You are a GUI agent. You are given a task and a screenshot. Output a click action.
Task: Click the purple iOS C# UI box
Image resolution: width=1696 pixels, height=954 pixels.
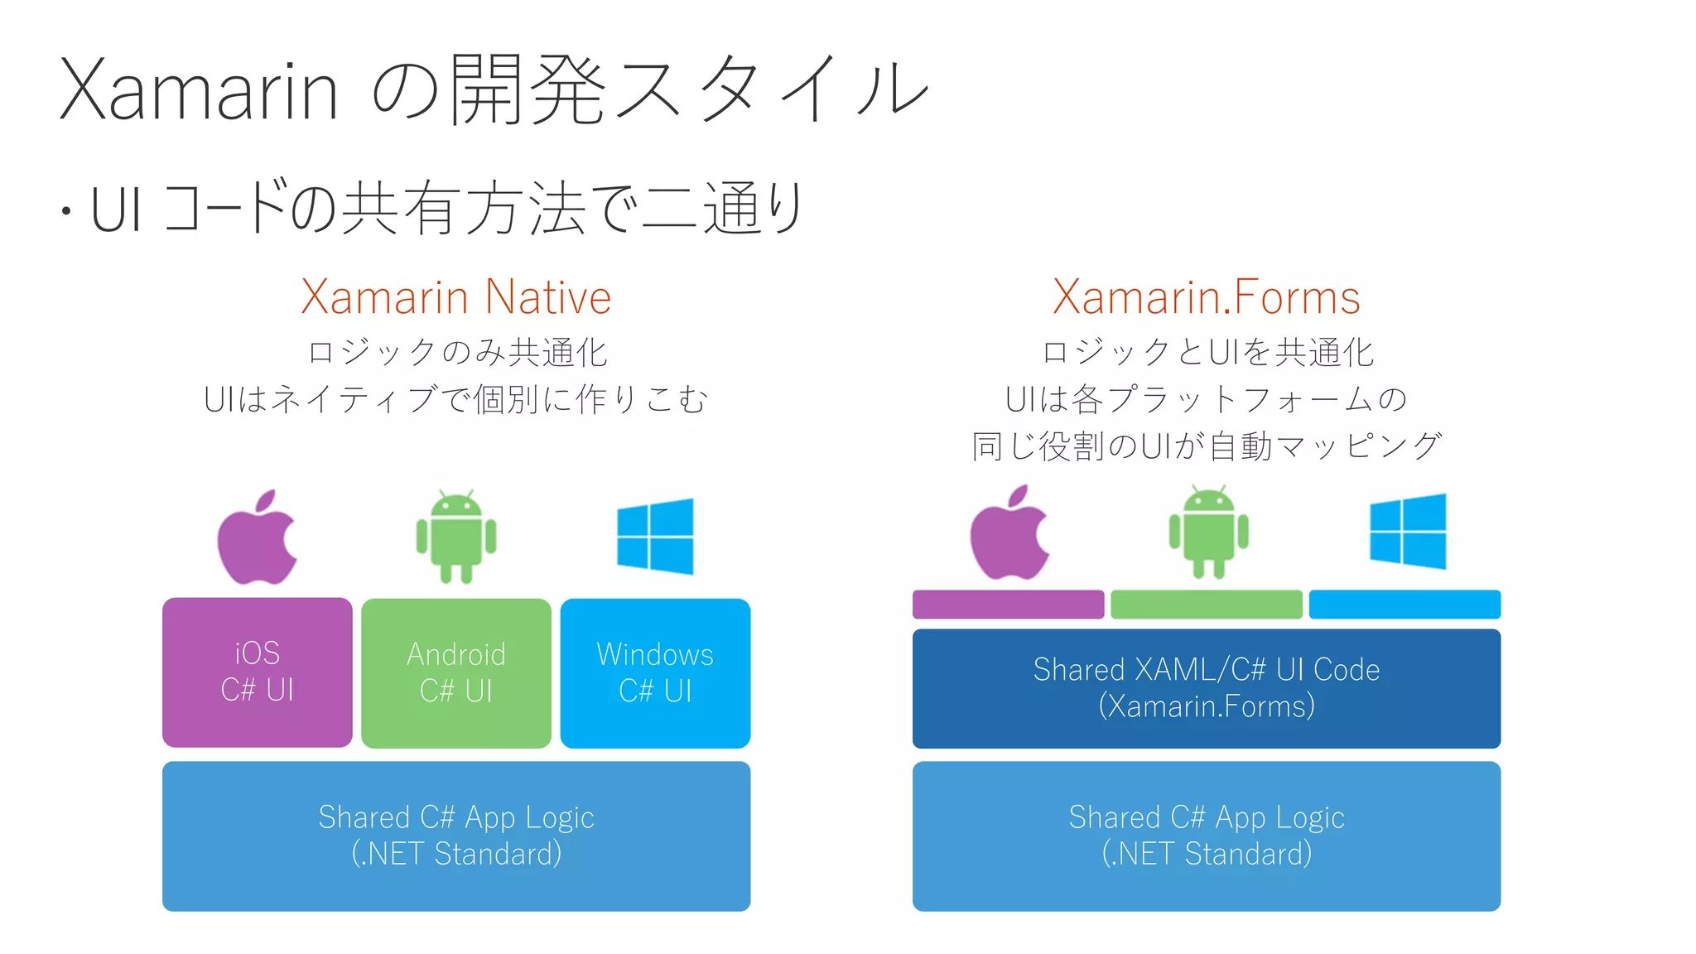pyautogui.click(x=257, y=672)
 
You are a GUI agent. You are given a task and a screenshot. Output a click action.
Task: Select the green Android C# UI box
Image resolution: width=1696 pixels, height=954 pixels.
pyautogui.click(x=456, y=672)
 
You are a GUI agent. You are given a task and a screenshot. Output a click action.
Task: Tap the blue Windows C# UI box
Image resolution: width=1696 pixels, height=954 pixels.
pyautogui.click(x=655, y=672)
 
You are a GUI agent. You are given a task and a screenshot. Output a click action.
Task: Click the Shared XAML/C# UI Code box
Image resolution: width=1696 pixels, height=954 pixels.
pyautogui.click(x=1206, y=688)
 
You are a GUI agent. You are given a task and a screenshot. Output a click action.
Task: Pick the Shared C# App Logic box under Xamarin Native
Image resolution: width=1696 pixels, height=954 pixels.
pyautogui.click(x=456, y=836)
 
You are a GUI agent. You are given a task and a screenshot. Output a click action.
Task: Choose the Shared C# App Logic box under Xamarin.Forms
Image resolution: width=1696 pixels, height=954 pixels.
pyautogui.click(x=1206, y=836)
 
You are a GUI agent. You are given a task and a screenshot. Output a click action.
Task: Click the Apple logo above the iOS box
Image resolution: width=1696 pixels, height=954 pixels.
pyautogui.click(x=257, y=538)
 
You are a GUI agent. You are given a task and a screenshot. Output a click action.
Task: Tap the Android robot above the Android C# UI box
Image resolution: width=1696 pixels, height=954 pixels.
pyautogui.click(x=456, y=537)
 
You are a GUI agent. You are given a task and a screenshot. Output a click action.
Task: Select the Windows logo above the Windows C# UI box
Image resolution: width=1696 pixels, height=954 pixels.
pyautogui.click(x=655, y=537)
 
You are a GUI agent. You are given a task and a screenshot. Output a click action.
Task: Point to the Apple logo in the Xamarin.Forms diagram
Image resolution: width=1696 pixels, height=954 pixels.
pyautogui.click(x=1009, y=533)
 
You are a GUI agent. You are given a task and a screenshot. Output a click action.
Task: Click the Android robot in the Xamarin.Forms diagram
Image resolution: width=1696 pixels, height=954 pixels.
pyautogui.click(x=1208, y=532)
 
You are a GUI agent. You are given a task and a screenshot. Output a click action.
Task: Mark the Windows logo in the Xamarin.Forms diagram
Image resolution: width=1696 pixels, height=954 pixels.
pyautogui.click(x=1408, y=532)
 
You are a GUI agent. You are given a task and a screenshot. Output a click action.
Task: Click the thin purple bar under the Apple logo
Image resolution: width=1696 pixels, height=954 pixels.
pyautogui.click(x=1008, y=605)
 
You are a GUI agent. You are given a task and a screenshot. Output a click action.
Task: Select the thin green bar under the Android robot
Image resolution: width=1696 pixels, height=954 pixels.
pyautogui.click(x=1206, y=605)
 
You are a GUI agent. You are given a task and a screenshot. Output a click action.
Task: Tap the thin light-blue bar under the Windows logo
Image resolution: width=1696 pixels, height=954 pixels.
pyautogui.click(x=1404, y=605)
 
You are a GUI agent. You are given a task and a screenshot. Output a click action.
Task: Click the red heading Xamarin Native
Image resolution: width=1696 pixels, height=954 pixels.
pyautogui.click(x=455, y=297)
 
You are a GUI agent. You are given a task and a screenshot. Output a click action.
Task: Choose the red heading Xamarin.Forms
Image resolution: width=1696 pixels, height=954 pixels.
pyautogui.click(x=1206, y=297)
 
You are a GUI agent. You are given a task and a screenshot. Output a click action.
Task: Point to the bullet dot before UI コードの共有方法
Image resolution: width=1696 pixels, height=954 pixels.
pyautogui.click(x=65, y=211)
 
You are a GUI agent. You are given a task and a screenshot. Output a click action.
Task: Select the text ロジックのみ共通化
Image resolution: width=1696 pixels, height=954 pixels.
pyautogui.click(x=457, y=353)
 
